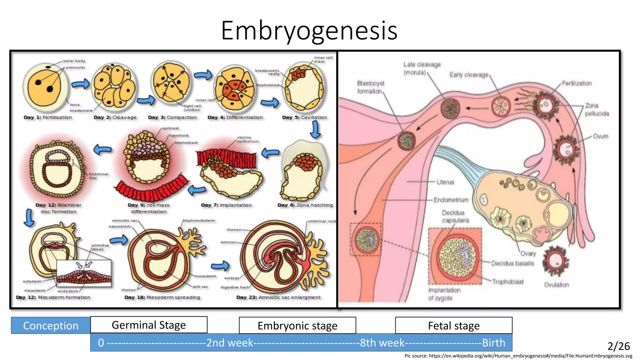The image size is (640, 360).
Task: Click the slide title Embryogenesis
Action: pyautogui.click(x=309, y=30)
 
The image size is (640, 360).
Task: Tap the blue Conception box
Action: pyautogui.click(x=51, y=326)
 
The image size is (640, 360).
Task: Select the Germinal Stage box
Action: pyautogui.click(x=149, y=325)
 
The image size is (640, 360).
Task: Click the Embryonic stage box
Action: pyautogui.click(x=297, y=326)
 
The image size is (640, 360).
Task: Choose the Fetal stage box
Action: pyautogui.click(x=453, y=326)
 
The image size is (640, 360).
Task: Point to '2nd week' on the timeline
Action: pyautogui.click(x=230, y=343)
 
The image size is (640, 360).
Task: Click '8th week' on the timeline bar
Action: pyautogui.click(x=382, y=343)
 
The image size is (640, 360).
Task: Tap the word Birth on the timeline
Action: pyautogui.click(x=493, y=343)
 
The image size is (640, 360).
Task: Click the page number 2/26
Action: pyautogui.click(x=618, y=346)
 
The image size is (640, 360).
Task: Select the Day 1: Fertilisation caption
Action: pyautogui.click(x=48, y=117)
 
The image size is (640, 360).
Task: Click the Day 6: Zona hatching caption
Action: pyautogui.click(x=305, y=205)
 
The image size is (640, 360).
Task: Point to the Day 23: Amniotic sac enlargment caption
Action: pyautogui.click(x=278, y=297)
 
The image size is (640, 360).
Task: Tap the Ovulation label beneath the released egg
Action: pyautogui.click(x=556, y=285)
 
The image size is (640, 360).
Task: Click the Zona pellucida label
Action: pyautogui.click(x=597, y=109)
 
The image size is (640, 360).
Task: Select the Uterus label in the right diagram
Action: pyautogui.click(x=445, y=182)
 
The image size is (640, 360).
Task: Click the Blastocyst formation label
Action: pyautogui.click(x=370, y=87)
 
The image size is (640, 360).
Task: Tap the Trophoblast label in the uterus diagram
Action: pyautogui.click(x=507, y=282)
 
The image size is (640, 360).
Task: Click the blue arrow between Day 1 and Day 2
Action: pyautogui.click(x=80, y=84)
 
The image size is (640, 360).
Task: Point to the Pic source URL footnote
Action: pyautogui.click(x=518, y=356)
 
